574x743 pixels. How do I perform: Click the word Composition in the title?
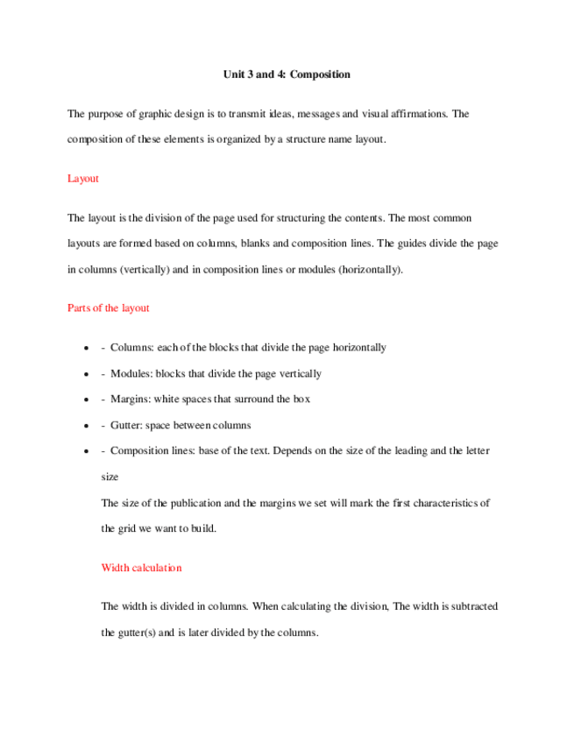click(x=320, y=74)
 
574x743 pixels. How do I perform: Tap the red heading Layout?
click(x=82, y=179)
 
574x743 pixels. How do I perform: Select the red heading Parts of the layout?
click(x=109, y=308)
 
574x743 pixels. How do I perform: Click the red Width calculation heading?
click(x=141, y=568)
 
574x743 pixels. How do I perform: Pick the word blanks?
click(x=266, y=243)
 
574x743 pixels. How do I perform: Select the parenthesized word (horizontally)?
click(x=365, y=270)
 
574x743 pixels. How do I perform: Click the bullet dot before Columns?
click(x=85, y=348)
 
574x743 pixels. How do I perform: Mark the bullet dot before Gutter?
click(x=85, y=426)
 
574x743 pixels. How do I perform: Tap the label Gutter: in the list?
click(x=127, y=426)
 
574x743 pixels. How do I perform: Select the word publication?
click(x=192, y=503)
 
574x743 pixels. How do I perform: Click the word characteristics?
click(x=439, y=503)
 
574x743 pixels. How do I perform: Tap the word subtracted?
click(x=470, y=606)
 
